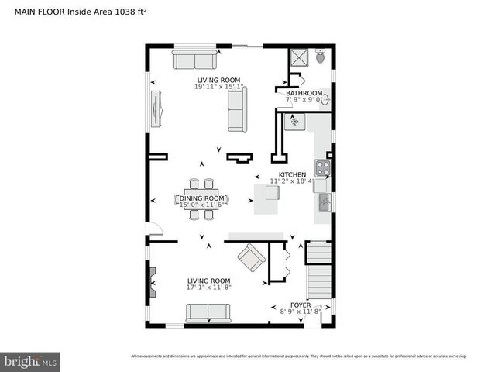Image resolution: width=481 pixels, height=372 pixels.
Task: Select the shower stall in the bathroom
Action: click(297, 57)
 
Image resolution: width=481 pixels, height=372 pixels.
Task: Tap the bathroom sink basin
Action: click(325, 99)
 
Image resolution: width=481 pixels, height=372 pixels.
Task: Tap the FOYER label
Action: click(301, 305)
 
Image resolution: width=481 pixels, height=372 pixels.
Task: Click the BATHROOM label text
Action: click(304, 92)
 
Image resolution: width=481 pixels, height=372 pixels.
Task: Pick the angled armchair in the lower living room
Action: click(251, 257)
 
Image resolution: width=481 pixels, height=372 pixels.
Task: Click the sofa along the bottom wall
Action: click(208, 313)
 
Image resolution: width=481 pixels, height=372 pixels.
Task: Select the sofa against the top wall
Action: click(194, 60)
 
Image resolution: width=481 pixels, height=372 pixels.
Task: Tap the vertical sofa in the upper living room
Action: click(237, 108)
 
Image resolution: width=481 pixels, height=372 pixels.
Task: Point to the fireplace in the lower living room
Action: click(152, 282)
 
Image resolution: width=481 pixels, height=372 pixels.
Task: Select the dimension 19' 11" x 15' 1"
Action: click(218, 87)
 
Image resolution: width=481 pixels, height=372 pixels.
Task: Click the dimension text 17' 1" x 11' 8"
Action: click(209, 288)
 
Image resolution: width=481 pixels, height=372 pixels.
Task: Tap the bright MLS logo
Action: click(31, 361)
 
